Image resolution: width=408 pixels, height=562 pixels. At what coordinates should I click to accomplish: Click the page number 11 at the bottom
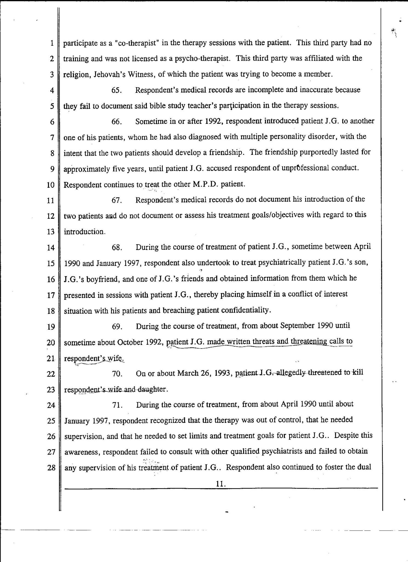tap(220, 484)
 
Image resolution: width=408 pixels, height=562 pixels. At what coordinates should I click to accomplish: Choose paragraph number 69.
tap(117, 326)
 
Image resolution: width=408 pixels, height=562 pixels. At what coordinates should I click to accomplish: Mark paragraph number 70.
tap(117, 373)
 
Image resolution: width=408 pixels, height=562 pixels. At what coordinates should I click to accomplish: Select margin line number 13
tap(51, 232)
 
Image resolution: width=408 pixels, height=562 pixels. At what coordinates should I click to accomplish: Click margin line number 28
tap(51, 468)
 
